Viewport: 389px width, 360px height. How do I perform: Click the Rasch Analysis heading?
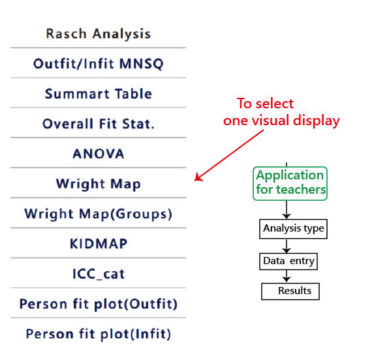click(x=99, y=34)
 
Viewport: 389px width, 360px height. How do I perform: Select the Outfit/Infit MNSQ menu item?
click(x=99, y=64)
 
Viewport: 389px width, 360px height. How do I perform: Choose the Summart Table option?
click(x=99, y=94)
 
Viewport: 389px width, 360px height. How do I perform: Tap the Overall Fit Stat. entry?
click(x=99, y=124)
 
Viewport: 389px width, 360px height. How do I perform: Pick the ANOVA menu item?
click(x=99, y=154)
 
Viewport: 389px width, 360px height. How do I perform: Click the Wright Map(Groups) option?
click(x=99, y=214)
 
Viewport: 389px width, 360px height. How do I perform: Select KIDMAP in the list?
click(x=99, y=244)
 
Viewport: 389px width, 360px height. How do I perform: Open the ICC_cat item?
click(x=99, y=274)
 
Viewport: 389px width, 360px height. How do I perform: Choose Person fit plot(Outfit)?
click(x=99, y=304)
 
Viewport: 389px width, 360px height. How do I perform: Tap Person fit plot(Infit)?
click(x=99, y=334)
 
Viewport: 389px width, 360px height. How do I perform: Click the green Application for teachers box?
click(x=290, y=183)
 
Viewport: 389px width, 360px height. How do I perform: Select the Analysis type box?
click(x=293, y=229)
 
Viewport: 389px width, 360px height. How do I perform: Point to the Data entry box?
click(x=288, y=262)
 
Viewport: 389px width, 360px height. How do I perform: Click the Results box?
click(x=290, y=292)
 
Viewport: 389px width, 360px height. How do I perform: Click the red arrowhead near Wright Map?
click(x=198, y=177)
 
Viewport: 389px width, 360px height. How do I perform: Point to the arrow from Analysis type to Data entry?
click(x=287, y=246)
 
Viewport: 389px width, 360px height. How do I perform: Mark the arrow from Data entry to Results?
click(x=287, y=276)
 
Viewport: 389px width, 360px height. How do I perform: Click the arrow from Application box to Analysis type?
click(x=287, y=210)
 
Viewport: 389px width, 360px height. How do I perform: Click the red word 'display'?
click(x=317, y=121)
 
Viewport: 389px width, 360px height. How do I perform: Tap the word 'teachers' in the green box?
click(x=301, y=190)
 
